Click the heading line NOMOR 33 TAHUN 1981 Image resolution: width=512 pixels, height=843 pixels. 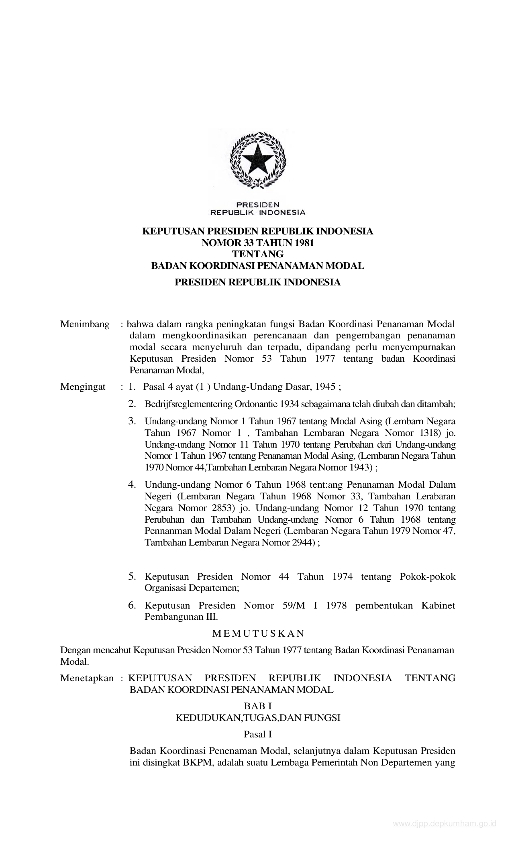(258, 243)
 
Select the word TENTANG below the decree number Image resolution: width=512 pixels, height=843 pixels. (258, 254)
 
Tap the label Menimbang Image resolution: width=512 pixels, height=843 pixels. (85, 324)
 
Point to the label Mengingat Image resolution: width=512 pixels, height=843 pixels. (83, 387)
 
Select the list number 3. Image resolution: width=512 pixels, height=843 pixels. (132, 421)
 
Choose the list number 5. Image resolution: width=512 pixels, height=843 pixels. (132, 577)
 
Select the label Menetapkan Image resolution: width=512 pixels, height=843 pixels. (87, 678)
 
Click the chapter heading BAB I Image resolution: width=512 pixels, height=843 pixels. (258, 706)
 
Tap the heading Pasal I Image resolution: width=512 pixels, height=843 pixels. (258, 734)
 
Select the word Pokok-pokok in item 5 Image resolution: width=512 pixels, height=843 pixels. (428, 577)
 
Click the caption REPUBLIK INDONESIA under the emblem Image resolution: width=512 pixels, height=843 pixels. (258, 212)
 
